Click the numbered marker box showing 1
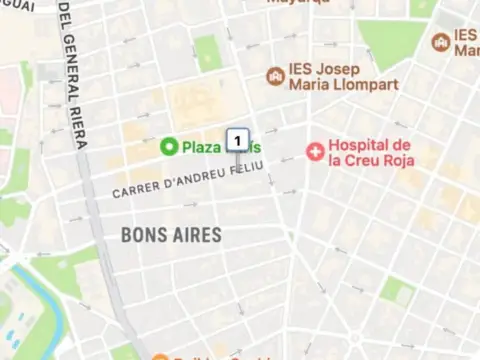(238, 138)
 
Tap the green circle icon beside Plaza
(169, 147)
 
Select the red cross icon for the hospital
(316, 151)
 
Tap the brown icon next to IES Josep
(275, 76)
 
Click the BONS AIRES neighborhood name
(171, 235)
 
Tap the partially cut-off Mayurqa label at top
(298, 3)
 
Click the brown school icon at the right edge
(440, 42)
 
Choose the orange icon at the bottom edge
(160, 356)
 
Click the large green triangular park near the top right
(392, 41)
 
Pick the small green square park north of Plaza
(206, 50)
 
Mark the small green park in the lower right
(397, 291)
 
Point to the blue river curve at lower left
(40, 290)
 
